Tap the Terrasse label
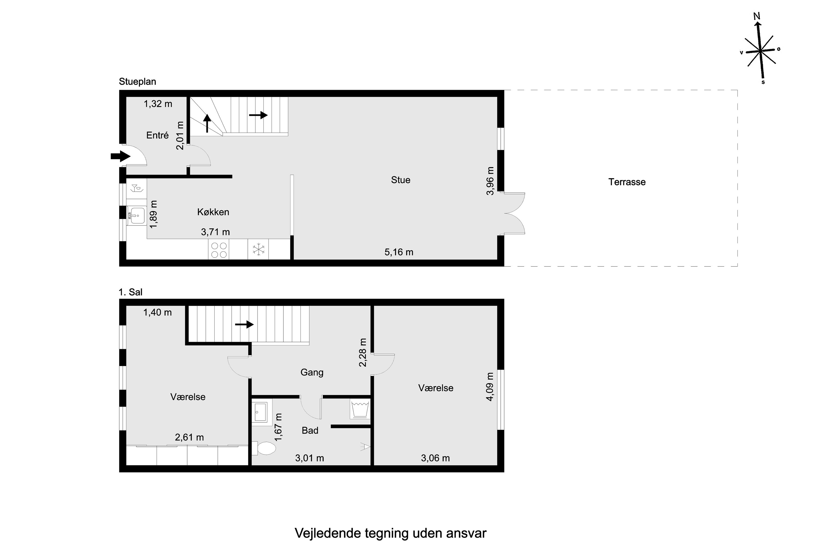tap(627, 182)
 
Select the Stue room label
tap(400, 180)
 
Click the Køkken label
tap(213, 212)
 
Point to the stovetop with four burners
tap(219, 250)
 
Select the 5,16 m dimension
tap(399, 252)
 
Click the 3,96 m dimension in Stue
tap(490, 181)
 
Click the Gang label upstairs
tap(312, 372)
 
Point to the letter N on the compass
tap(757, 16)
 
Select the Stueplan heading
tap(137, 82)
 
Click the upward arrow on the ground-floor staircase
tap(207, 123)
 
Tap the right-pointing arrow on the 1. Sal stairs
tap(244, 324)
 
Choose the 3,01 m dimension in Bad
tap(309, 458)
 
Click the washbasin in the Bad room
tap(260, 412)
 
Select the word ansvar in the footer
tap(466, 533)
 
